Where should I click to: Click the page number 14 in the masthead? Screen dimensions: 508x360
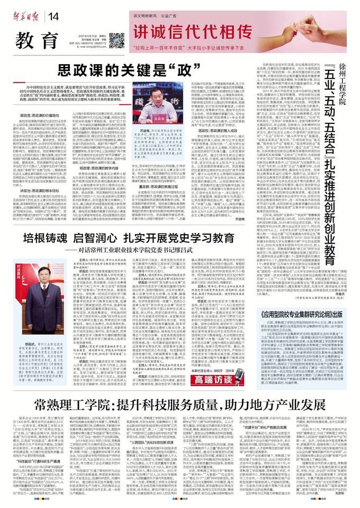click(55, 16)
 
